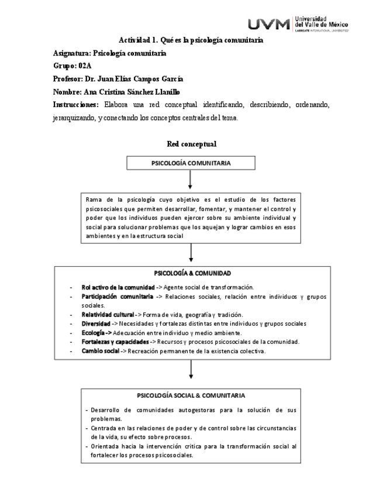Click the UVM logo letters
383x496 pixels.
pos(268,24)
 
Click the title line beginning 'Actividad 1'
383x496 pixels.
pos(191,40)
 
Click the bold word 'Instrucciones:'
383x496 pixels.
pos(75,105)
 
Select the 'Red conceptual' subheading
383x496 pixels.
pos(191,143)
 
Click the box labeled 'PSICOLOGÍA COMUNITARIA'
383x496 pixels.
pos(191,163)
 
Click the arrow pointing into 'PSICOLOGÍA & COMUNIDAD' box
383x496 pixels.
pos(191,252)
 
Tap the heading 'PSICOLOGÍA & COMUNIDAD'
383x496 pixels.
pos(192,273)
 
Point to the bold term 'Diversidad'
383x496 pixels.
pos(95,323)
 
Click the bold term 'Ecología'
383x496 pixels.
pos(94,332)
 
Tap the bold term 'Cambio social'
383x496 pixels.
pos(100,351)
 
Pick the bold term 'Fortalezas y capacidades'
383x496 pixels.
pos(115,342)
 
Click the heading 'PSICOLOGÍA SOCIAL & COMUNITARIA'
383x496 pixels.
pos(191,395)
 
